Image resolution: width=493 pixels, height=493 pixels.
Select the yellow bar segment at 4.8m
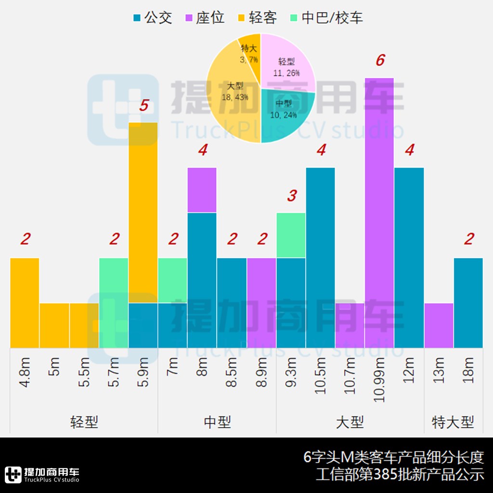[25, 302]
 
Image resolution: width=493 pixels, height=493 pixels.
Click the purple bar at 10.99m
[379, 212]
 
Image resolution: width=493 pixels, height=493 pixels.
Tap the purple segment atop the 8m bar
[202, 190]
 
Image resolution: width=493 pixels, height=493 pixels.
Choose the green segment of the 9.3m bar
[291, 235]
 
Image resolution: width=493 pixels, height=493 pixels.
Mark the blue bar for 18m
[468, 302]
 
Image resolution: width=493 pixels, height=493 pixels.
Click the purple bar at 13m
[439, 325]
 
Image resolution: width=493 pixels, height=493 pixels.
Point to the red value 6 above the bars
[380, 61]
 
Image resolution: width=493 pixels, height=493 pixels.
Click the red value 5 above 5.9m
[143, 106]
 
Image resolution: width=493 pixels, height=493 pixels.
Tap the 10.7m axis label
[350, 376]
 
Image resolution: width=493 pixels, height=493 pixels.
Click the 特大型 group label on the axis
[453, 423]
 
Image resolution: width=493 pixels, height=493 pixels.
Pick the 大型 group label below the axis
[350, 423]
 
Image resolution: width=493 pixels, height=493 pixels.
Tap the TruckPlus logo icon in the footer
[13, 474]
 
